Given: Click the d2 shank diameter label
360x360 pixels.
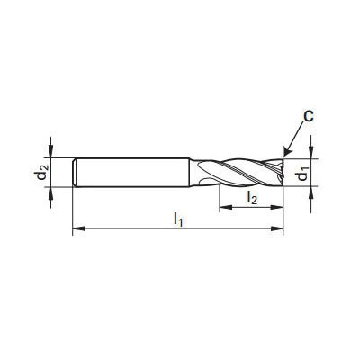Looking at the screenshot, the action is (42, 172).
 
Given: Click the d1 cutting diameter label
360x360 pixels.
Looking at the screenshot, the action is (303, 173).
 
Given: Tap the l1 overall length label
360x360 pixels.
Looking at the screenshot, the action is (177, 220).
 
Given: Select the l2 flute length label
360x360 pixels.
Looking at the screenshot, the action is (252, 198).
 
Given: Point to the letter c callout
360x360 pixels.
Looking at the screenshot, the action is (308, 116).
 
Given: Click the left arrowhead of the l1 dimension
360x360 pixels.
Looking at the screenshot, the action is (79, 229).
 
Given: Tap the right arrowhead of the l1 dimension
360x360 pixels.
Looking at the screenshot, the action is (277, 229).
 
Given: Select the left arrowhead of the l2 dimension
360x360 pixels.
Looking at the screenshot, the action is (226, 207).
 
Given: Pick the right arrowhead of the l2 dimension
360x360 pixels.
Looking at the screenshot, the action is (277, 207).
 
